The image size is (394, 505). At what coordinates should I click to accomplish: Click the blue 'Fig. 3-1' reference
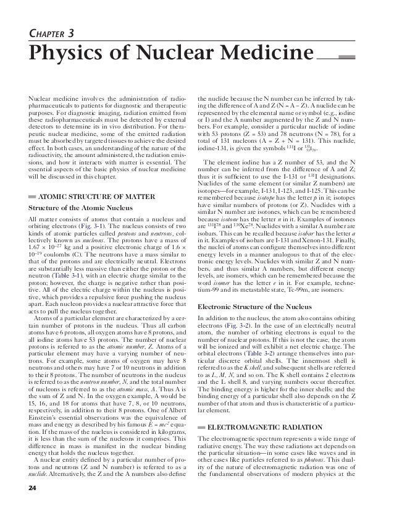click(x=118, y=228)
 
